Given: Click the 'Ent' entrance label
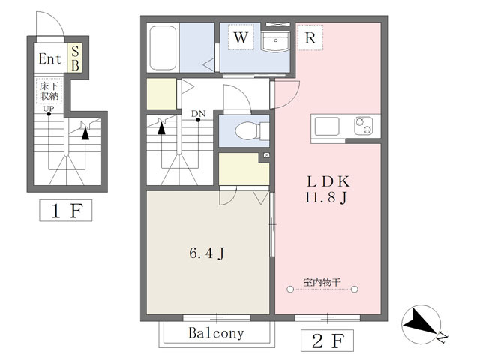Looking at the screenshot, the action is tap(50, 58).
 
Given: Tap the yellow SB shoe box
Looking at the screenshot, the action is tap(75, 58).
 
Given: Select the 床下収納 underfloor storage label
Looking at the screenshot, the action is tap(49, 91).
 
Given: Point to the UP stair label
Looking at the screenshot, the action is tap(48, 108).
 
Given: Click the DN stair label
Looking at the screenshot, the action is tap(198, 113).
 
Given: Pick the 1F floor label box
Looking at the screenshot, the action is tap(66, 211).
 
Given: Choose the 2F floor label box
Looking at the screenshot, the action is tap(327, 340).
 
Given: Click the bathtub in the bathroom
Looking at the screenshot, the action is tap(163, 48).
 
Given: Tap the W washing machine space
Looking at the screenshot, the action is tap(241, 37).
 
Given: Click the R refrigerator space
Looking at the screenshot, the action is tap(310, 37).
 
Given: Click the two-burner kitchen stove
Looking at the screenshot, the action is tap(364, 126).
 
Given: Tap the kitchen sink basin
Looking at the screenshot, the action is tap(327, 126).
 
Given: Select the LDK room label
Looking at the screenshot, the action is tap(328, 181).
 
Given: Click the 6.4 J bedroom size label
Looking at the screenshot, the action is tap(207, 253).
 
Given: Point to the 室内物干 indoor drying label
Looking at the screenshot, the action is tap(322, 282).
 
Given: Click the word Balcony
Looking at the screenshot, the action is tap(217, 333).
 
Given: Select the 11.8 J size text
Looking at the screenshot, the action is tap(326, 197).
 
